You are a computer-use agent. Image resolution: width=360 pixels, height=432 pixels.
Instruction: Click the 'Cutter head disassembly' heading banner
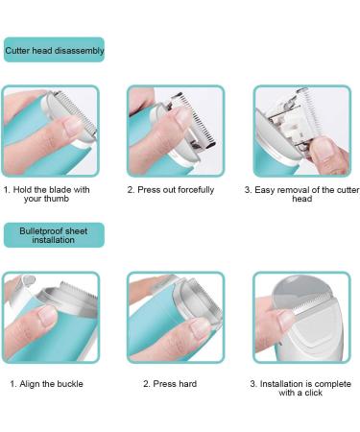click(x=54, y=49)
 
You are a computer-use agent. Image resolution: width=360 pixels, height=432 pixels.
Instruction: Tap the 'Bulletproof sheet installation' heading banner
click(x=54, y=235)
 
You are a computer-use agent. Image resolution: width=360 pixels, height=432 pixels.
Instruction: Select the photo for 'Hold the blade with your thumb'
click(x=50, y=132)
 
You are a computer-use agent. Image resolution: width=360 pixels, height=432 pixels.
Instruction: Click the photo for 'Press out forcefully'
click(x=176, y=132)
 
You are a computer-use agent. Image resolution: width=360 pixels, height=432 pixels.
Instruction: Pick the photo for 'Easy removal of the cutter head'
click(x=300, y=132)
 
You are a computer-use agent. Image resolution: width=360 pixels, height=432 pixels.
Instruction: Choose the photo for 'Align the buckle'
click(x=50, y=316)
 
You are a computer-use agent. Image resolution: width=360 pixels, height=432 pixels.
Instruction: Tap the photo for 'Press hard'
click(x=176, y=316)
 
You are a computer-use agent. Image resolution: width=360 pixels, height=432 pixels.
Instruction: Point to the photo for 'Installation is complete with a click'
click(x=300, y=316)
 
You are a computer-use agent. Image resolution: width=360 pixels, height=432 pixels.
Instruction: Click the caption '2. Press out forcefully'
click(x=171, y=190)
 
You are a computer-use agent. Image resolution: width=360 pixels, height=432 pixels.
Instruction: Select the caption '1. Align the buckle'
click(x=47, y=384)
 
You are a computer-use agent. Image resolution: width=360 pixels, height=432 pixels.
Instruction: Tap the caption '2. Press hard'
click(x=171, y=384)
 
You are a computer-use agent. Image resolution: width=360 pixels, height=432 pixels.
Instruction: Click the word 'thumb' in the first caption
click(x=62, y=200)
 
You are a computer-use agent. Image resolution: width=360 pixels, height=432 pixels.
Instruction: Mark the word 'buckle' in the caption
click(x=68, y=384)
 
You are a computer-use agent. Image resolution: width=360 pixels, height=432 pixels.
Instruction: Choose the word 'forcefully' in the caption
click(x=193, y=190)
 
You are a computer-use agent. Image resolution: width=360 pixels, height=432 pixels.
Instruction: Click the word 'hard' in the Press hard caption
click(x=190, y=384)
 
